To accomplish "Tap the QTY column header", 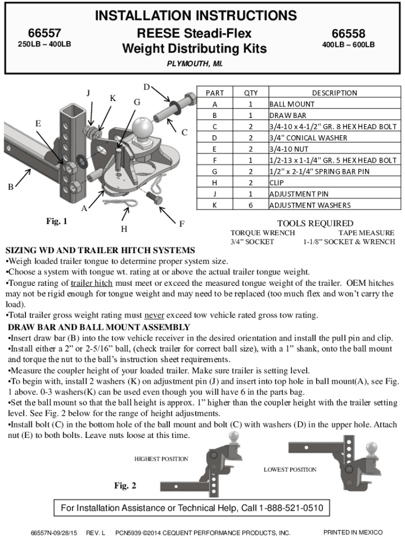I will (x=251, y=93).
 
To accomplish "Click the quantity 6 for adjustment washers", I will (x=251, y=205).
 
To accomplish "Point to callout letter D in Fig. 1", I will (x=147, y=87).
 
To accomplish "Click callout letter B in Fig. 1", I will (x=11, y=187).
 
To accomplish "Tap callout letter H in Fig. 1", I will (x=124, y=229).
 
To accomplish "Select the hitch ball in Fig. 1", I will (x=141, y=127).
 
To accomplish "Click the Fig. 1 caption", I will (x=56, y=222).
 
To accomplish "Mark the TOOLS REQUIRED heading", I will (x=315, y=223).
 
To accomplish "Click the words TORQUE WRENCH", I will (x=262, y=233).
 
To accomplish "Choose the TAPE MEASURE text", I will (x=366, y=233).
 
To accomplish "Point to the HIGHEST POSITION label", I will (x=161, y=459).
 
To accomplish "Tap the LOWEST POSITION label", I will (x=290, y=469).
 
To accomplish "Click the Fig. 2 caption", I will (x=125, y=486).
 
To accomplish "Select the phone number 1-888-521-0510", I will (x=290, y=508).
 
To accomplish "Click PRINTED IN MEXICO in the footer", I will (x=352, y=532).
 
